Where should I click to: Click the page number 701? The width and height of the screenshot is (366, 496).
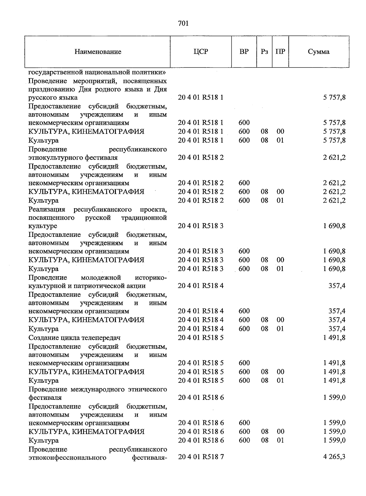tap(183, 24)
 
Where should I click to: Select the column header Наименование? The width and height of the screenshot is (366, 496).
tap(98, 52)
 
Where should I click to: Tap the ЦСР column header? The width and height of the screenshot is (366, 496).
tap(201, 51)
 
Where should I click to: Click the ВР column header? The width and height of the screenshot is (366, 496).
tap(244, 51)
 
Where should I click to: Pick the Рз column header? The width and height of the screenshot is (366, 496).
tap(264, 51)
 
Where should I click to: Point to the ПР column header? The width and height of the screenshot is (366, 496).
tap(280, 51)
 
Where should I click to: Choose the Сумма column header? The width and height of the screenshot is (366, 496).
tap(319, 52)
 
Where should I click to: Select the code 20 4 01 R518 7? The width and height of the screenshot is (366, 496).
tap(201, 457)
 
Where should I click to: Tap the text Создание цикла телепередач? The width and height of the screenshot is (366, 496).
tap(74, 338)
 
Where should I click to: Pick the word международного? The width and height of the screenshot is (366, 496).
tap(96, 389)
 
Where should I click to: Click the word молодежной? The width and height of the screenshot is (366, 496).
tap(101, 278)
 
